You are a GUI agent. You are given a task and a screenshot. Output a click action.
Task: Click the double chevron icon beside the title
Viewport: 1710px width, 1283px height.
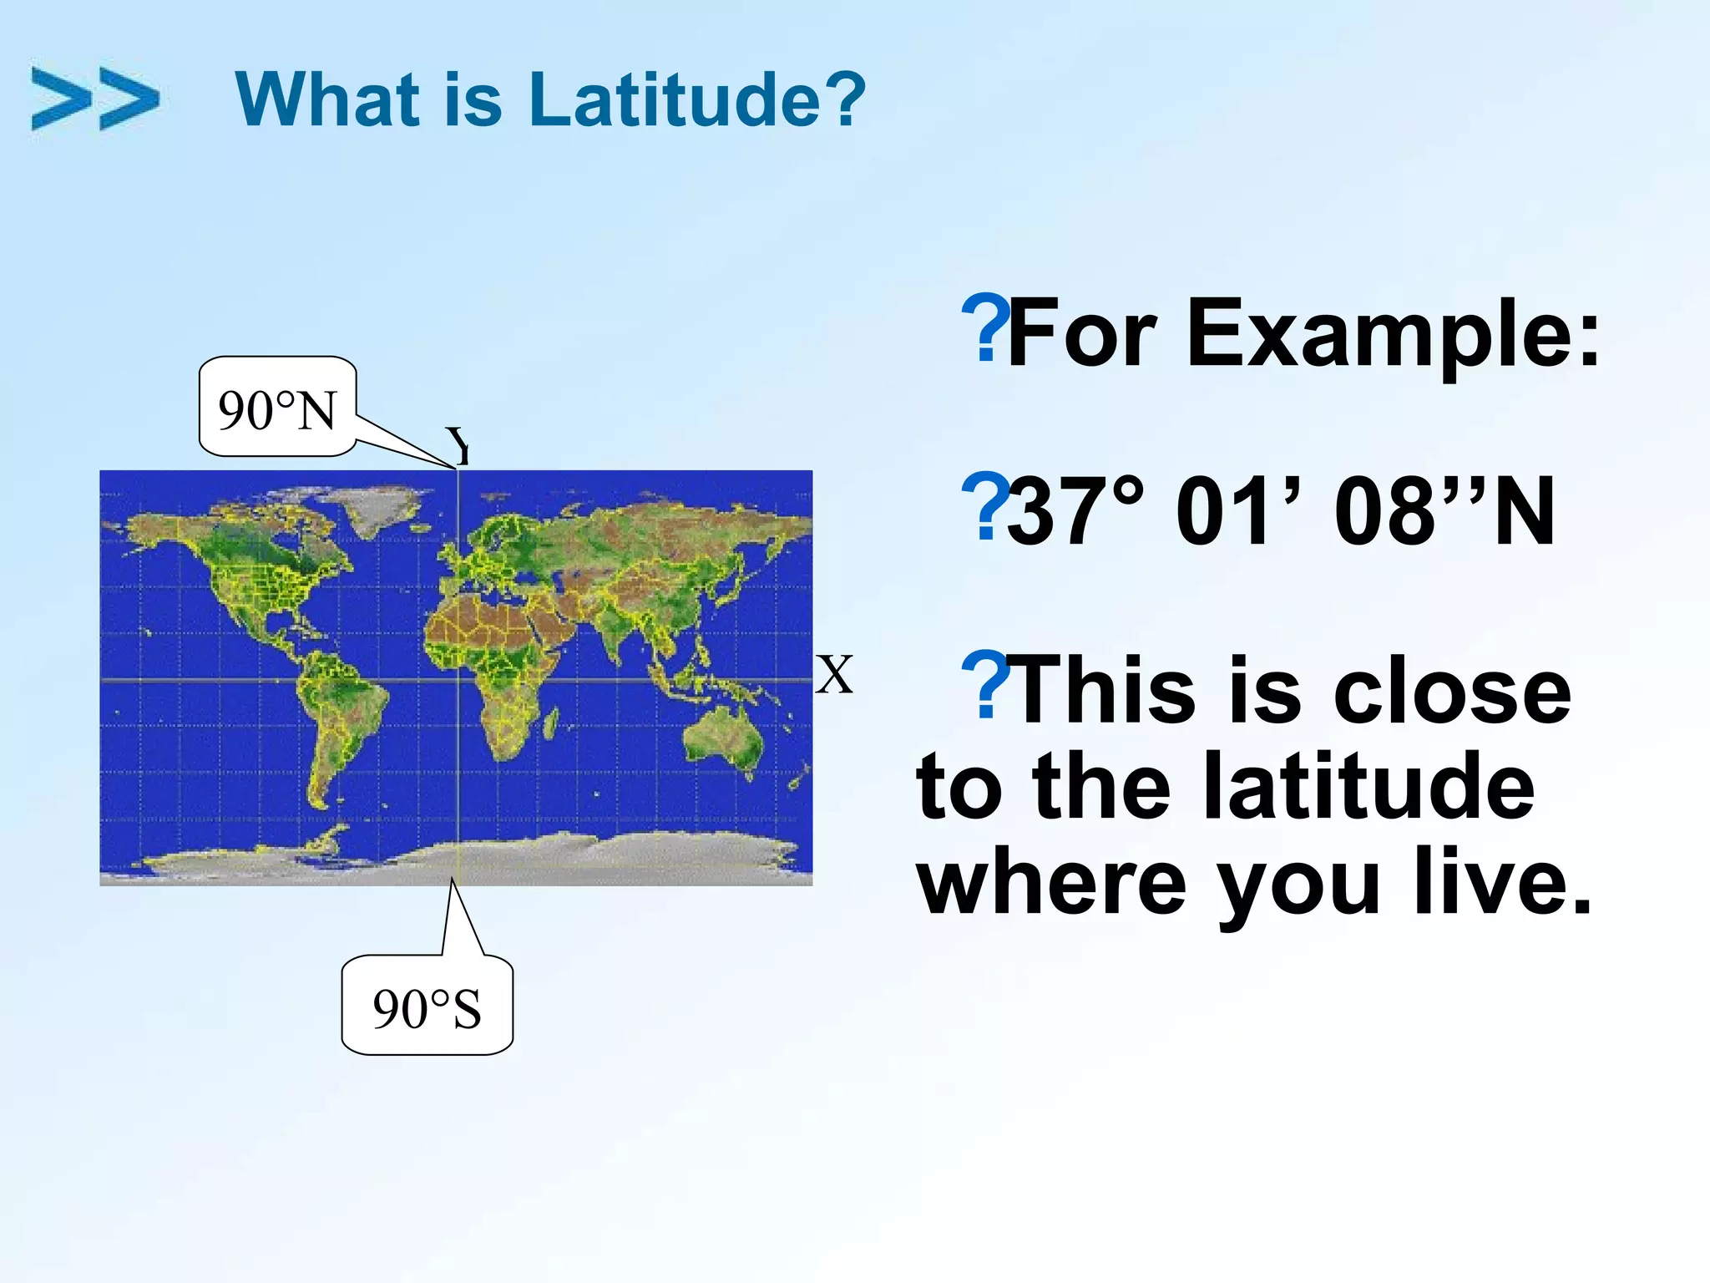94,99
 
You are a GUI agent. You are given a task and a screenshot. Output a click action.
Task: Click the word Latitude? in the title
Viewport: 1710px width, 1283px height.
697,99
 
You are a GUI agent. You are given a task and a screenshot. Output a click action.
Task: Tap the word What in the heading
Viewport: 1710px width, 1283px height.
326,99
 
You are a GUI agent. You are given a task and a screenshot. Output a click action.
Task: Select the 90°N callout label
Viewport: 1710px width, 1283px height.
277,409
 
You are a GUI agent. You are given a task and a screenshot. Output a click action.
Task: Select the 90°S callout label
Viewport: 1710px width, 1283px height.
427,1008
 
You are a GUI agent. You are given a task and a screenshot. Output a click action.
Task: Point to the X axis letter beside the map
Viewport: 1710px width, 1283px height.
834,675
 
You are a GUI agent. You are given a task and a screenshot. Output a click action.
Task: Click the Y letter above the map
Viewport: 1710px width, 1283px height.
458,446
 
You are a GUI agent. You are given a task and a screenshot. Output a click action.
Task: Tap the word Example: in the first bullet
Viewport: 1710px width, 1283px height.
1393,334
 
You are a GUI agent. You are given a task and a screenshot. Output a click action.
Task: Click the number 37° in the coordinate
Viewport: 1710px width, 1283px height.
1075,511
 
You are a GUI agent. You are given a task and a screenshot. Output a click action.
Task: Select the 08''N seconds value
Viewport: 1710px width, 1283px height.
1444,511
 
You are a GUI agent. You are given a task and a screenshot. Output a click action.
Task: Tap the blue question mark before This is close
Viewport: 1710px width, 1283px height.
985,685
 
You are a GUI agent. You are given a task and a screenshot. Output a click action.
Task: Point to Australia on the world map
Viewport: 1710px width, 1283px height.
723,740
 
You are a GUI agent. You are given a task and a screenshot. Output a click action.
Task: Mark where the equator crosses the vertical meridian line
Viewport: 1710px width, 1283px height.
458,680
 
